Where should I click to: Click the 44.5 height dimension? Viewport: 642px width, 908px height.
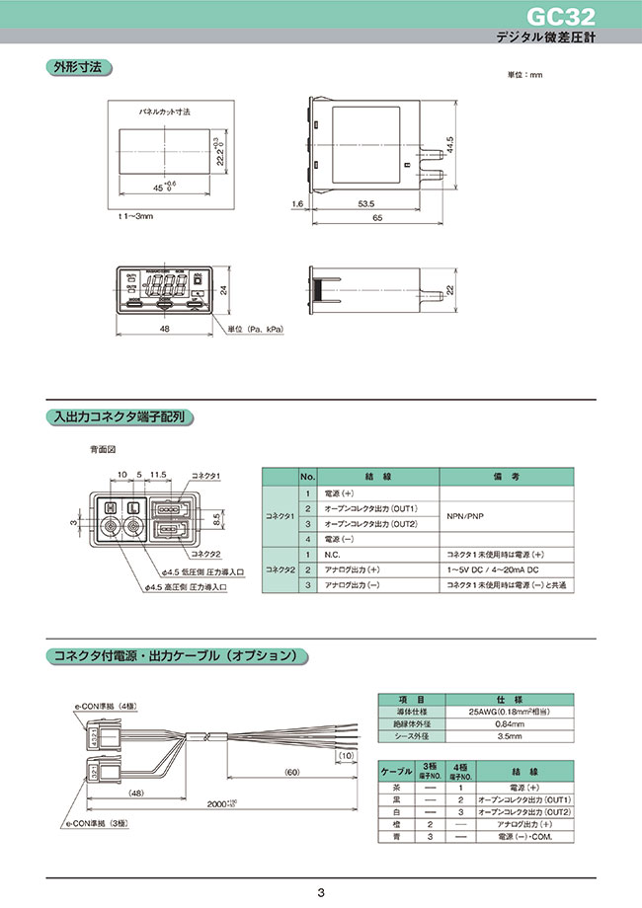(x=449, y=143)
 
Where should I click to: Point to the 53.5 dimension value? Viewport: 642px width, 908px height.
(x=366, y=204)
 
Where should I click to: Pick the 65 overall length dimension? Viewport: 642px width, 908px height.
(x=376, y=219)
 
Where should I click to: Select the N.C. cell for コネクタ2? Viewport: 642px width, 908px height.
(x=330, y=556)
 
